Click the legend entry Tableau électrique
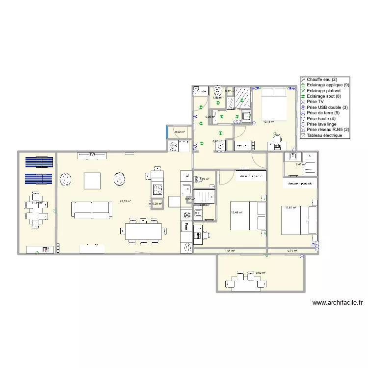coord(328,135)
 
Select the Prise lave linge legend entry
coord(323,124)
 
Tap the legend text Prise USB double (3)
coord(327,107)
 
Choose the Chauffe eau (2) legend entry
coord(322,79)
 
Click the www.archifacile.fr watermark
coord(333,303)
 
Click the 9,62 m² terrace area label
coord(261,273)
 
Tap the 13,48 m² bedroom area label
coord(237,212)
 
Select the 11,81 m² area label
coord(291,208)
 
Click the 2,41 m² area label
coord(301,164)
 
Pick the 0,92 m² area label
coord(180,132)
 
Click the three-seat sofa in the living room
coord(92,209)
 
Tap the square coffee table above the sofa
coord(92,181)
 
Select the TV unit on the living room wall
coord(91,156)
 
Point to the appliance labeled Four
coord(186,226)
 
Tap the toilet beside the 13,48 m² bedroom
coord(198,212)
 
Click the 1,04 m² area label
coord(229,251)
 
